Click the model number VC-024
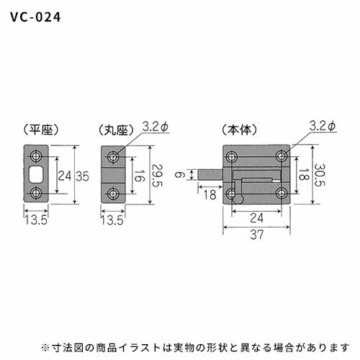[x=35, y=17]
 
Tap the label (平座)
[x=41, y=130]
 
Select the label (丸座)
[x=116, y=130]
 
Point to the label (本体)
[x=239, y=130]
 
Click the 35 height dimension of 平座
[x=83, y=176]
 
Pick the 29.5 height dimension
[x=157, y=175]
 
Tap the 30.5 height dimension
[x=320, y=175]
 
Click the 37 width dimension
[x=257, y=235]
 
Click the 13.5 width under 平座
[x=36, y=220]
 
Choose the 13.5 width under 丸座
[x=112, y=220]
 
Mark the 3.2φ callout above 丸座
[x=156, y=127]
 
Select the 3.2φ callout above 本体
[x=323, y=126]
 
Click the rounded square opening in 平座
[x=36, y=174]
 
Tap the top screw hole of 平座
[x=36, y=156]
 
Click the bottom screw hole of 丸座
[x=113, y=194]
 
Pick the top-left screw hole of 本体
[x=232, y=157]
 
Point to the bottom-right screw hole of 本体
[x=282, y=193]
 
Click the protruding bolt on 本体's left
[x=211, y=175]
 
